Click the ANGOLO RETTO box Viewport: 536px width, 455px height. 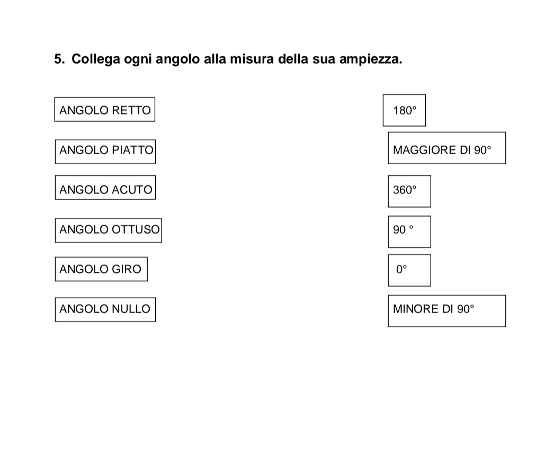pyautogui.click(x=104, y=110)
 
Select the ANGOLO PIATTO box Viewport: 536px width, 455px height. pyautogui.click(x=105, y=151)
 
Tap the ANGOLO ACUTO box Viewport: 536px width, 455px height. pyautogui.click(x=105, y=188)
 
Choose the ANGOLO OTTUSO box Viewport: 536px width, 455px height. pyautogui.click(x=109, y=230)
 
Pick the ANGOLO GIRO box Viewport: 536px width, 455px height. pyautogui.click(x=101, y=269)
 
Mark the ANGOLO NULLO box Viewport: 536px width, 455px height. pyautogui.click(x=105, y=309)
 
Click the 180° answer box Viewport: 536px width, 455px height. pyautogui.click(x=404, y=110)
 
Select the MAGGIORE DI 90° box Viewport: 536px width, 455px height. pyautogui.click(x=447, y=148)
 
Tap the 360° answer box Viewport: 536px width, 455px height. pyautogui.click(x=409, y=191)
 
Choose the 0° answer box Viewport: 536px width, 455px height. pyautogui.click(x=409, y=270)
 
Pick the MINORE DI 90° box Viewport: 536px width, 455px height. pyautogui.click(x=447, y=311)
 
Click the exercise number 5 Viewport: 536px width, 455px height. pyautogui.click(x=59, y=59)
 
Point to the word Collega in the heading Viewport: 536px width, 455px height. pyautogui.click(x=96, y=59)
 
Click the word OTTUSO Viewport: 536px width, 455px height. pyautogui.click(x=136, y=229)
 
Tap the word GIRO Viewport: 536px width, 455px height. pyautogui.click(x=127, y=269)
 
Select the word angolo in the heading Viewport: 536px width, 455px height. pyautogui.click(x=178, y=59)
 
